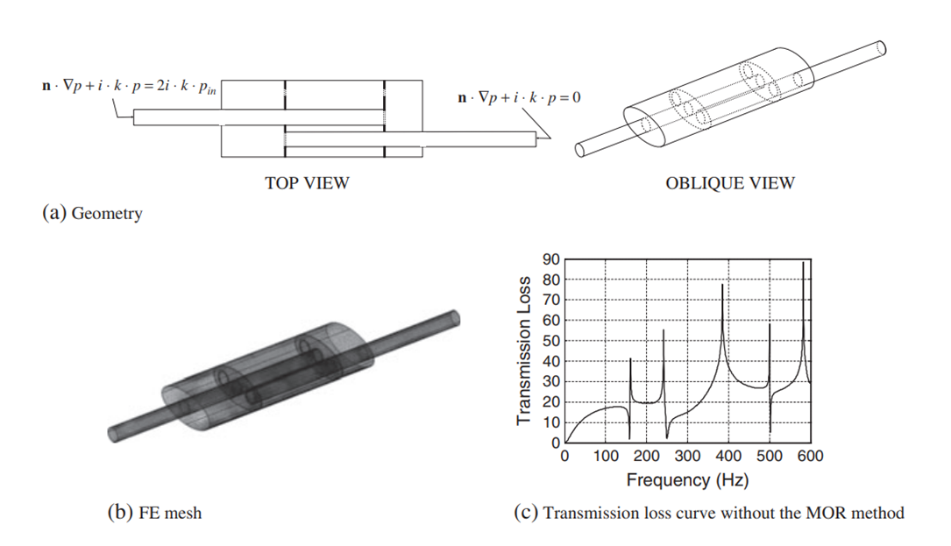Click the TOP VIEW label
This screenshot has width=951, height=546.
307,183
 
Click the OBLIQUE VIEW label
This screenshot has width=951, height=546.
729,183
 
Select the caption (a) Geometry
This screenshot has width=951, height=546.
92,214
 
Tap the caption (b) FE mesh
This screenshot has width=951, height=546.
154,513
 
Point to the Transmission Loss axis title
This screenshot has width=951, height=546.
524,351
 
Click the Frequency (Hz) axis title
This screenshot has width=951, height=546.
687,480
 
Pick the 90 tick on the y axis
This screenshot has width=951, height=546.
550,259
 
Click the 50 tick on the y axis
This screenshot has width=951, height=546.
550,341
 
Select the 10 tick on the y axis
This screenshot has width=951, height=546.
550,422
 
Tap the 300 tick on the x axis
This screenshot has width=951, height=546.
687,456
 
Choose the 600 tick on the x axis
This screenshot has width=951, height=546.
810,456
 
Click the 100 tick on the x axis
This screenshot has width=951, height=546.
606,456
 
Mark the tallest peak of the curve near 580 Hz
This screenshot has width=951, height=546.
804,262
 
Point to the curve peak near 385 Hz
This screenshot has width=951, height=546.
722,285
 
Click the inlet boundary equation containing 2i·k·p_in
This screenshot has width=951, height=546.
129,86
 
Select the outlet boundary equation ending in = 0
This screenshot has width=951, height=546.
519,97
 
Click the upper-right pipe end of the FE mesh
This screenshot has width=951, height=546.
454,318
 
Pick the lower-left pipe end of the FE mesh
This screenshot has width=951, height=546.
113,435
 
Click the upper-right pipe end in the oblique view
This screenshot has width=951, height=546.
882,47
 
